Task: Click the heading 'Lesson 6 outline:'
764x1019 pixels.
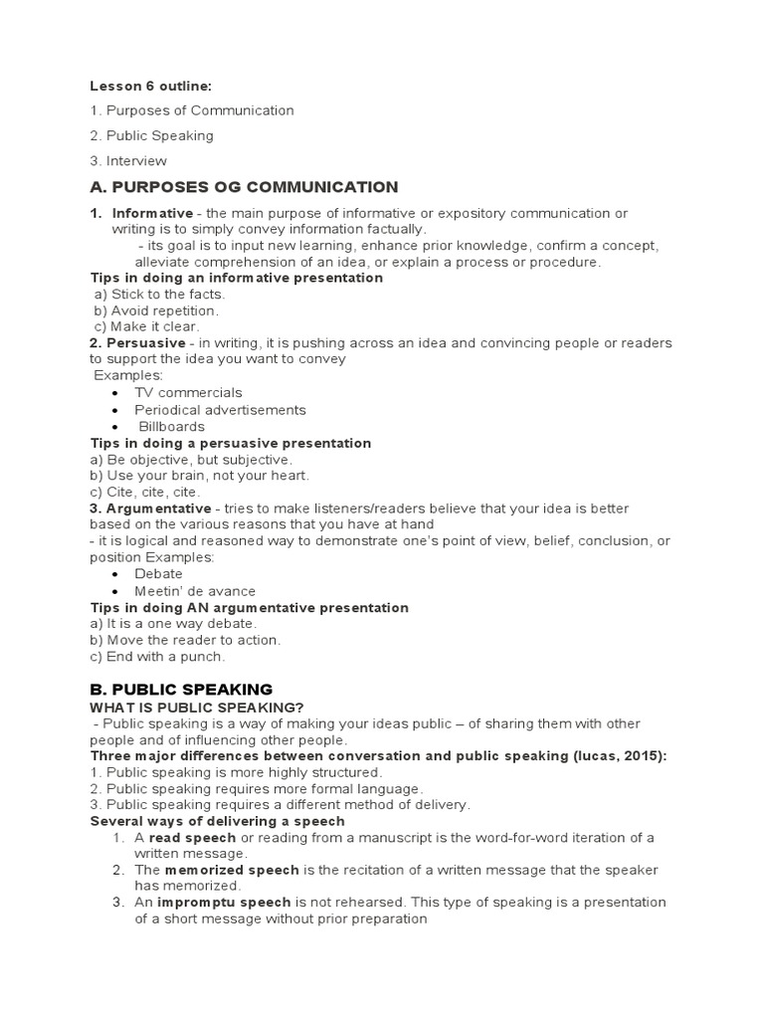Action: point(150,87)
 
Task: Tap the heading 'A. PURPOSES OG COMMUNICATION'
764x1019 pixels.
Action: point(244,187)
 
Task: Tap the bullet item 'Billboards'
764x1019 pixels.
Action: point(171,426)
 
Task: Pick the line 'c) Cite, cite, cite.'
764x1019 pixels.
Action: point(144,492)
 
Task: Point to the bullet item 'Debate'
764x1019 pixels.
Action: point(158,574)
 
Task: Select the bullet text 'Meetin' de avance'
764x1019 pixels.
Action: point(195,591)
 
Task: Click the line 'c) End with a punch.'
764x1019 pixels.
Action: point(157,657)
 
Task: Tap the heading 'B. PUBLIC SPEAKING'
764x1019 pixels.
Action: point(181,689)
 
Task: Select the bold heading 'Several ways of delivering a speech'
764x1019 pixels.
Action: point(217,821)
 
